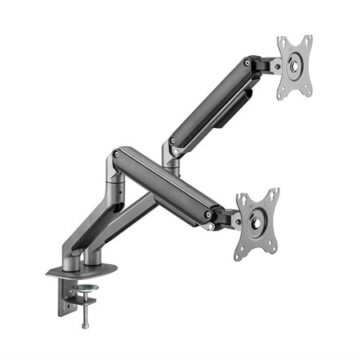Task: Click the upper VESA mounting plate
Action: pyautogui.click(x=294, y=67)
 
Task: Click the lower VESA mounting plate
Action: pyautogui.click(x=257, y=223)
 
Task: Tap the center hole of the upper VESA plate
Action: pyautogui.click(x=294, y=67)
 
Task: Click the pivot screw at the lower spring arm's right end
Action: pyautogui.click(x=209, y=214)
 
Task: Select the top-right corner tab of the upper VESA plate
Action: pyautogui.click(x=307, y=40)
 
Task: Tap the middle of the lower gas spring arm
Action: pyautogui.click(x=164, y=184)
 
